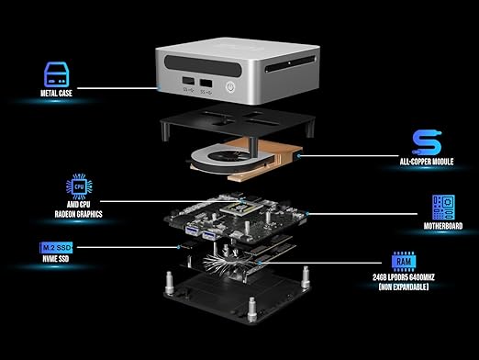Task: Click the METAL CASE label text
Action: (56, 93)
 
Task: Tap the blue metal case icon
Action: (57, 74)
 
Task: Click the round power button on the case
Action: (230, 87)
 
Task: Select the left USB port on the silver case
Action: (188, 82)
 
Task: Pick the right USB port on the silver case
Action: (206, 83)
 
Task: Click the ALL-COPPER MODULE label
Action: (427, 162)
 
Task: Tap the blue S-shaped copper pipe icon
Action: (427, 142)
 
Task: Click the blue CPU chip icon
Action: (79, 186)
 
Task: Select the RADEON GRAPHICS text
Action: (78, 214)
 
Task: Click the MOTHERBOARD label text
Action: (443, 226)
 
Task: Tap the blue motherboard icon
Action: (443, 208)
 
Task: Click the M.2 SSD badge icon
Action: (56, 248)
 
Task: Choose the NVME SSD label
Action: (56, 259)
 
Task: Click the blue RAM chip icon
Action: (404, 262)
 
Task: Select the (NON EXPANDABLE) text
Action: (404, 287)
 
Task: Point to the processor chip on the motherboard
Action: (241, 208)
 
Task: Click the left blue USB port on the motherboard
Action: (192, 231)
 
